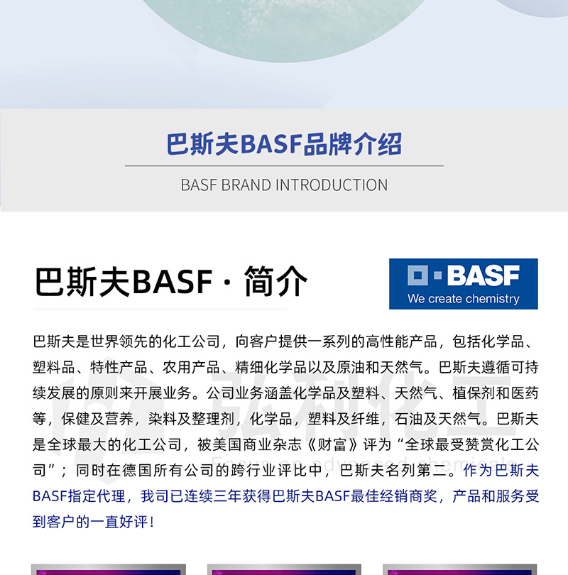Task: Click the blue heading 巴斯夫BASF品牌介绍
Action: [x=284, y=144]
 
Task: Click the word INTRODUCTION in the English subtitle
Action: [x=332, y=185]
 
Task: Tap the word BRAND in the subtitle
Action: [x=246, y=185]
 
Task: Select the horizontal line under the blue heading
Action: [x=284, y=165]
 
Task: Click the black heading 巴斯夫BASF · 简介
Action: [x=171, y=282]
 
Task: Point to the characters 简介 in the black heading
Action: [x=275, y=282]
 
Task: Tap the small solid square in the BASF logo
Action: [x=437, y=275]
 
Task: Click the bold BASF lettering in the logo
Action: [x=484, y=275]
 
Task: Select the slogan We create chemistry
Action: [x=464, y=298]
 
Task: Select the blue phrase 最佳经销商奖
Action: [x=394, y=496]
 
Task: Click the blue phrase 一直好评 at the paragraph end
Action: [x=119, y=522]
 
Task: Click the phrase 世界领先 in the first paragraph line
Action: [x=119, y=341]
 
